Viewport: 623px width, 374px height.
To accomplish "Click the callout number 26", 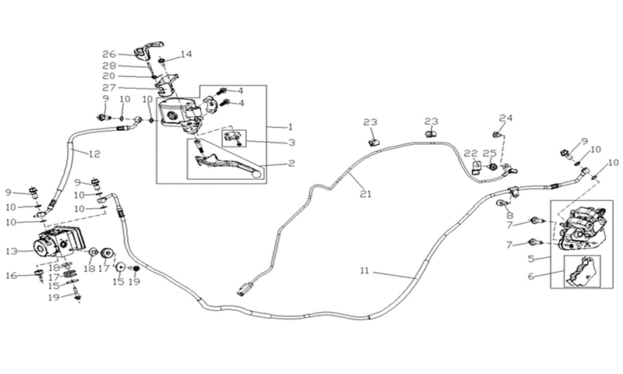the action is pyautogui.click(x=109, y=54).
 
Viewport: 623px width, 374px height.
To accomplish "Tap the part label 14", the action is pyautogui.click(x=186, y=54).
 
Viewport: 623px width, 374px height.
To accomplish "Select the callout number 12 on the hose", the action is pyautogui.click(x=94, y=154).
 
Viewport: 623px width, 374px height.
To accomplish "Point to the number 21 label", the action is pyautogui.click(x=365, y=194).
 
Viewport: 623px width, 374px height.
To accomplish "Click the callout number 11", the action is pyautogui.click(x=364, y=270).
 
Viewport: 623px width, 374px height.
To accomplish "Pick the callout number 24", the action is pyautogui.click(x=505, y=118).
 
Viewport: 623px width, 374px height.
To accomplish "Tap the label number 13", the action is pyautogui.click(x=12, y=251).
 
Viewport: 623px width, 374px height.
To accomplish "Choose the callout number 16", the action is pyautogui.click(x=12, y=275).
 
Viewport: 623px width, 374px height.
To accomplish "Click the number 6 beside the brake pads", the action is pyautogui.click(x=531, y=277).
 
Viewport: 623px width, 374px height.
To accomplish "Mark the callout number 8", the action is pyautogui.click(x=509, y=216).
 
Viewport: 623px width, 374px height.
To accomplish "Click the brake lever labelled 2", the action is pyautogui.click(x=227, y=164).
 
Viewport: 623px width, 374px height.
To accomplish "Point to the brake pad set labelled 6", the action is pyautogui.click(x=581, y=271).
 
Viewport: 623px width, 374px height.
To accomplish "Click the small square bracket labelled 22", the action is pyautogui.click(x=477, y=167).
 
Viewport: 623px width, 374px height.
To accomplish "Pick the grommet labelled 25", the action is pyautogui.click(x=493, y=167).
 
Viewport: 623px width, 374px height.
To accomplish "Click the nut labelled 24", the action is pyautogui.click(x=496, y=135).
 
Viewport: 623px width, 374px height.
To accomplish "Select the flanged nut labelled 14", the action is pyautogui.click(x=162, y=61).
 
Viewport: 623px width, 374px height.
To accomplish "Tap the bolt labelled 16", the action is pyautogui.click(x=40, y=275).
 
